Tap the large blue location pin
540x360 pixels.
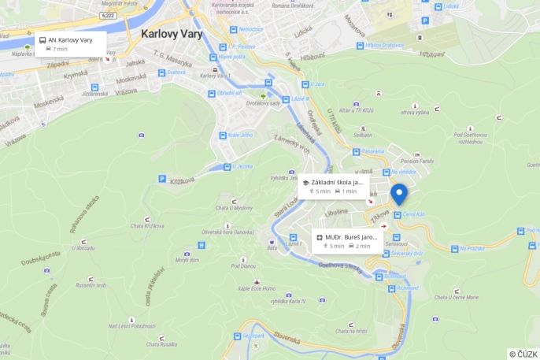[399, 193]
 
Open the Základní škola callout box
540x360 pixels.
[335, 186]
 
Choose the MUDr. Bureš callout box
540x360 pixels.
[346, 240]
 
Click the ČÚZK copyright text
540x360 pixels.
[523, 354]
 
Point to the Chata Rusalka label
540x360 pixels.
[162, 344]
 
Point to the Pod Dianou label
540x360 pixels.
[243, 265]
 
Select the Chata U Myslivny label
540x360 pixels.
[234, 207]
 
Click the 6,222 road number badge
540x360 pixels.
[109, 15]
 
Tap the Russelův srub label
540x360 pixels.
[91, 285]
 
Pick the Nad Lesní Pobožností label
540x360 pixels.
[131, 326]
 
